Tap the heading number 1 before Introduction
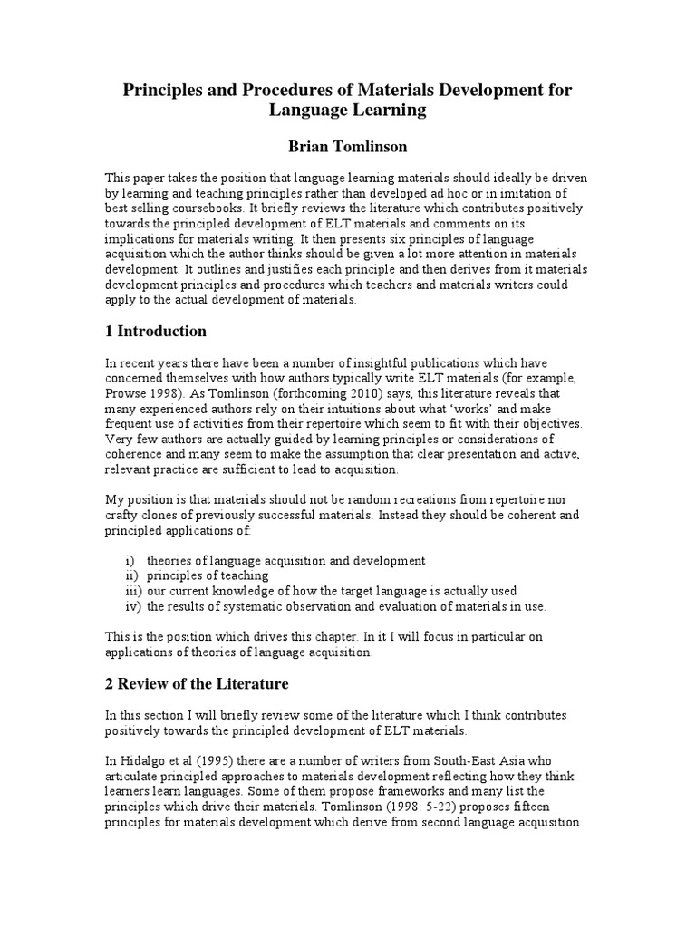tap(110, 331)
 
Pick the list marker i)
tap(130, 560)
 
